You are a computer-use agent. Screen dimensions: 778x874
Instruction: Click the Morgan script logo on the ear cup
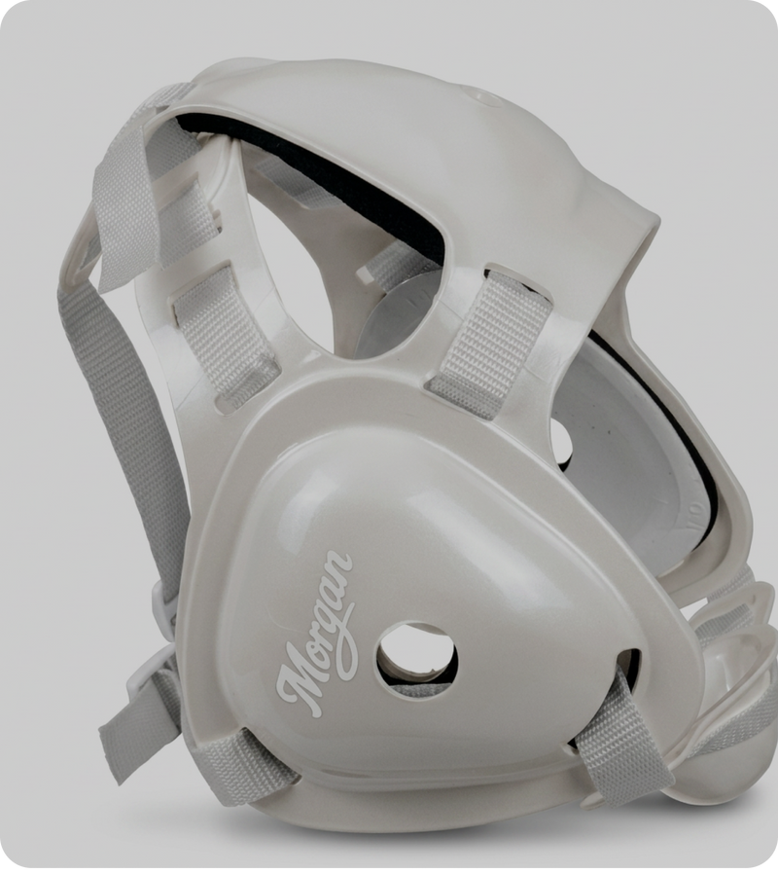(316, 635)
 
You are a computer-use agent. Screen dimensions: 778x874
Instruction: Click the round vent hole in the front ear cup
(417, 660)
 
